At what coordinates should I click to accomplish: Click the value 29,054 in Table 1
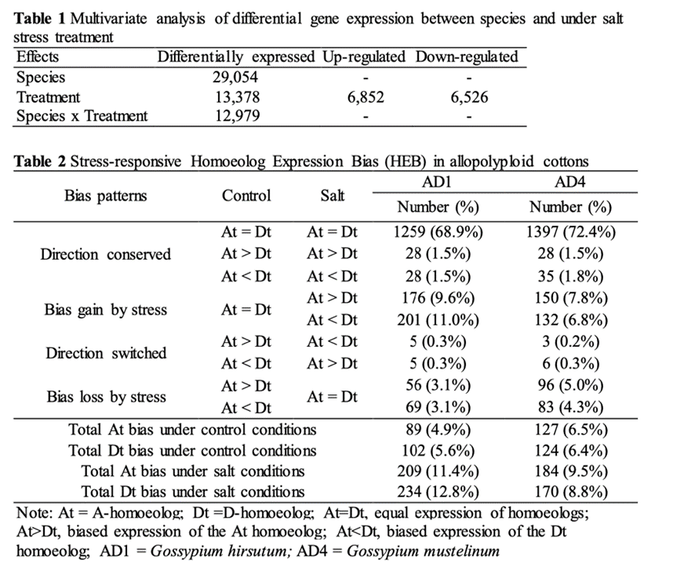tap(235, 78)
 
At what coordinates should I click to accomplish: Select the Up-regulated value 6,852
tap(363, 97)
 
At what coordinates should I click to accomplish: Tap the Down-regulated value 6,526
tap(468, 97)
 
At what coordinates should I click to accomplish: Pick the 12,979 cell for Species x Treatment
tap(235, 116)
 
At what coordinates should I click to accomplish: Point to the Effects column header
tap(38, 56)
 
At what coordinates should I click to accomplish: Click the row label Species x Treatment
tap(82, 116)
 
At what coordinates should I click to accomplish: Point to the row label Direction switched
tap(106, 353)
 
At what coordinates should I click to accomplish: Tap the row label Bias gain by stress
tap(106, 309)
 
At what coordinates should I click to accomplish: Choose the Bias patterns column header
tap(105, 195)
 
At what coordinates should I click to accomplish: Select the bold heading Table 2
tap(40, 162)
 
